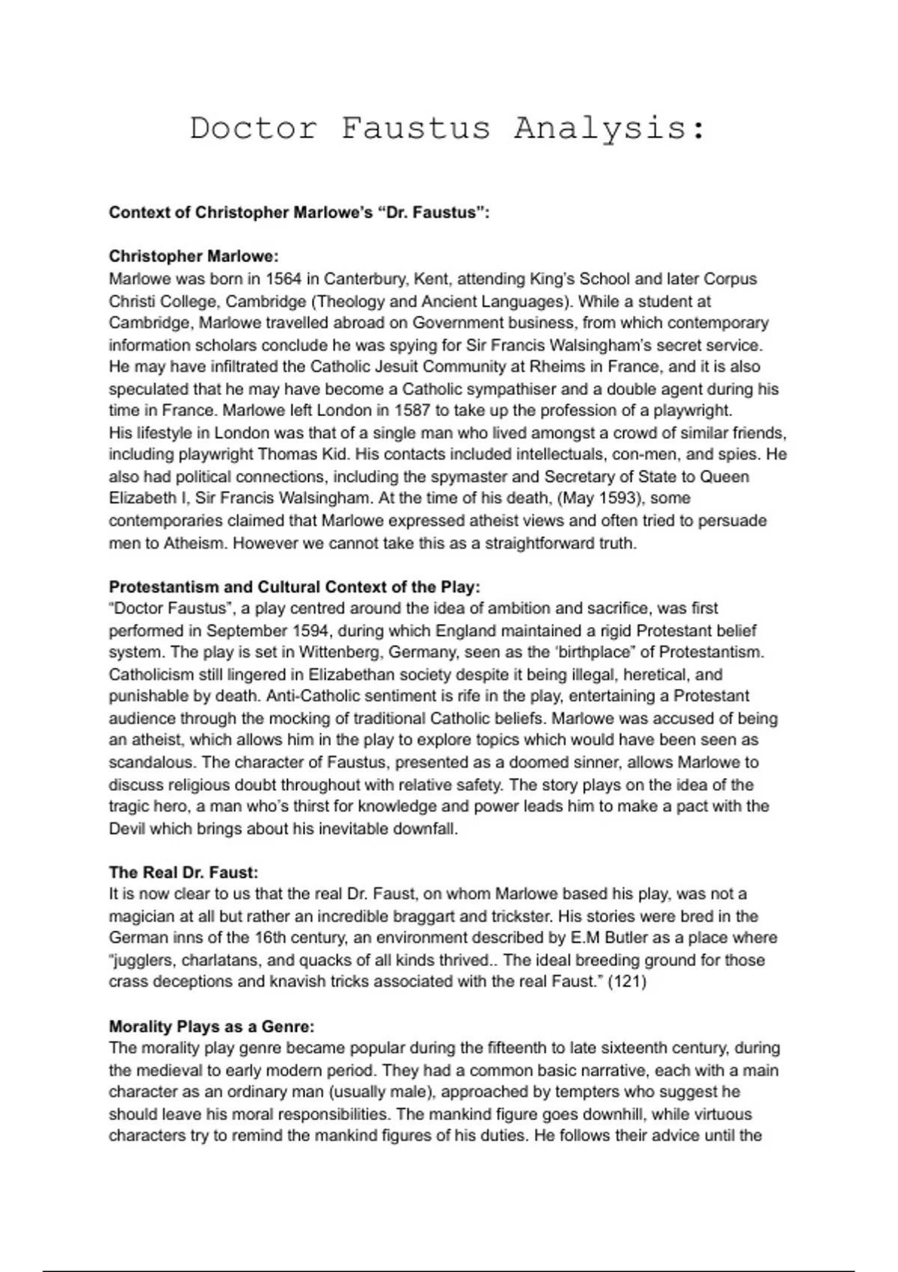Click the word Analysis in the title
pyautogui.click(x=609, y=128)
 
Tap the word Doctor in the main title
pyautogui.click(x=254, y=128)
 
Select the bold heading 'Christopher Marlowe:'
pyautogui.click(x=194, y=256)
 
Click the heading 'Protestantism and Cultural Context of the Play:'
pyautogui.click(x=295, y=587)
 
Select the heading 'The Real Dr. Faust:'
pyautogui.click(x=183, y=872)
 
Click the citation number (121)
pyautogui.click(x=627, y=982)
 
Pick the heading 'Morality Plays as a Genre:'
pyautogui.click(x=212, y=1027)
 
